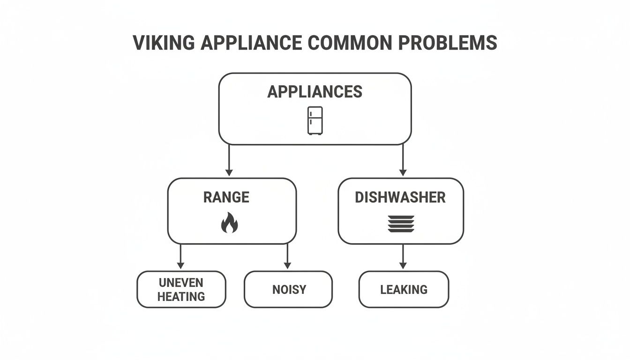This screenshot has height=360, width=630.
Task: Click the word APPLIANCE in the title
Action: pyautogui.click(x=251, y=43)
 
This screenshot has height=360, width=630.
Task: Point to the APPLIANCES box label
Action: pyautogui.click(x=315, y=92)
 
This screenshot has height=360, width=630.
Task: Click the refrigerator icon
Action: pyautogui.click(x=315, y=120)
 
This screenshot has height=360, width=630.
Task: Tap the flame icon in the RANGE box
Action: pyautogui.click(x=229, y=223)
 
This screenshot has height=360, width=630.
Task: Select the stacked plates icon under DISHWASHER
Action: pyautogui.click(x=401, y=224)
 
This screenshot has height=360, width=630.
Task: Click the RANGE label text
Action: pyautogui.click(x=226, y=197)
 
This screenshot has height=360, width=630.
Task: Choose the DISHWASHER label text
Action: pyautogui.click(x=400, y=197)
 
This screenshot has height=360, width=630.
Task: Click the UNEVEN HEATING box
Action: pyautogui.click(x=181, y=290)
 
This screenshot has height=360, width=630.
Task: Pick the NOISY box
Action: pyautogui.click(x=289, y=290)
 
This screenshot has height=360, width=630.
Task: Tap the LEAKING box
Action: pyautogui.click(x=404, y=290)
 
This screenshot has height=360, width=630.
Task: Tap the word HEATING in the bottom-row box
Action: pyautogui.click(x=181, y=297)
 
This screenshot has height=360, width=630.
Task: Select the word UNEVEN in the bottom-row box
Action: pyautogui.click(x=181, y=283)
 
